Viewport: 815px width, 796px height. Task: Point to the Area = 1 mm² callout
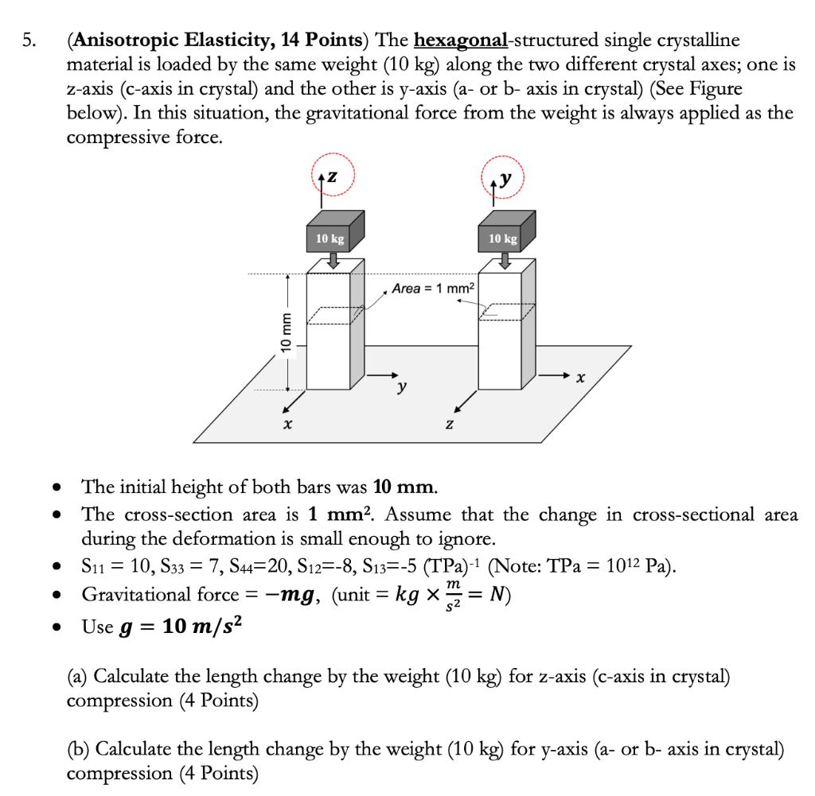click(x=433, y=288)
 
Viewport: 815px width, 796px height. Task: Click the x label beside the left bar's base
click(x=287, y=425)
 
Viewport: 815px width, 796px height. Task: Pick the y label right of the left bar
click(x=403, y=387)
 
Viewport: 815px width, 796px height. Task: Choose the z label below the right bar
click(x=450, y=426)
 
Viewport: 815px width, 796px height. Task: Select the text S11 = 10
click(x=114, y=568)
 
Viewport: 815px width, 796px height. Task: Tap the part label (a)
click(x=78, y=677)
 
